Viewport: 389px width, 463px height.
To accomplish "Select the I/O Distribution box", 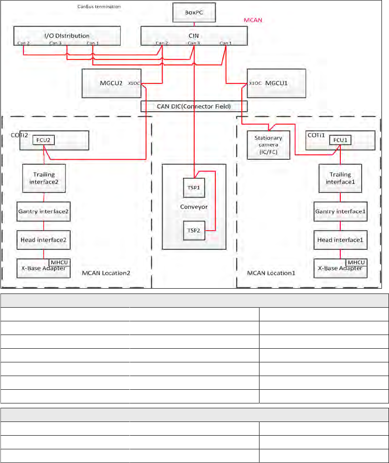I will click(x=67, y=35).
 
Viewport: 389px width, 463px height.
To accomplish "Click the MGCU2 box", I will click(x=111, y=83).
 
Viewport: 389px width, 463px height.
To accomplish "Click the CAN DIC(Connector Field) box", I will click(x=194, y=106).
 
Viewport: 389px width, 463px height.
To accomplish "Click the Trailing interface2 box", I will click(x=43, y=178).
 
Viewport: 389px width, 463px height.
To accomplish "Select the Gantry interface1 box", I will click(x=340, y=211).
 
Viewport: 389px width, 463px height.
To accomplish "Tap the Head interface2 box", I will click(x=43, y=239).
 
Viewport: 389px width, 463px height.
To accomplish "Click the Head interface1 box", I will click(x=340, y=239).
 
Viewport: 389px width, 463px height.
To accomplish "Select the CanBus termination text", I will click(x=96, y=7).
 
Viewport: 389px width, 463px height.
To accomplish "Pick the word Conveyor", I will click(x=194, y=207).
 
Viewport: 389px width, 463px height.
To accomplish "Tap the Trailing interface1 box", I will click(x=340, y=178).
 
